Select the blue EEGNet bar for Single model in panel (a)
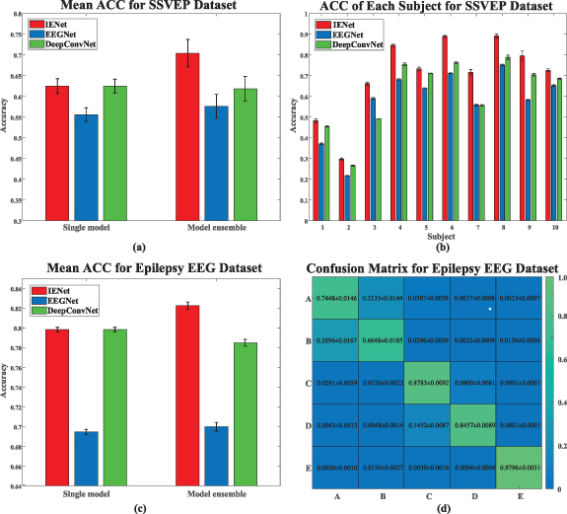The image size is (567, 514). point(87,168)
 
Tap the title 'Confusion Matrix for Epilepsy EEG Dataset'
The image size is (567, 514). point(433,268)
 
